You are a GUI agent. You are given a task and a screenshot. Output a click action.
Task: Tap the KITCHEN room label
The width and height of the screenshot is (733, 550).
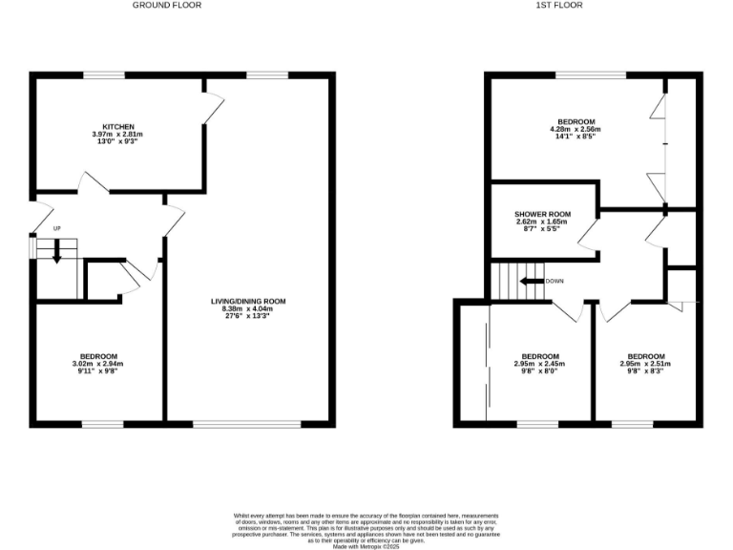coord(118,127)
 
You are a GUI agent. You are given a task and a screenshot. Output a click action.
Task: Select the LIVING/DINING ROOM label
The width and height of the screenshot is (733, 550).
coord(248,302)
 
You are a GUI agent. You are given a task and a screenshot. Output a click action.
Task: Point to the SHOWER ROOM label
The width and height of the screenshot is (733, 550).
coord(542,214)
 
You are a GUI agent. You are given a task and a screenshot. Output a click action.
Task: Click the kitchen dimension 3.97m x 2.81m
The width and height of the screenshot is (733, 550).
coord(118,135)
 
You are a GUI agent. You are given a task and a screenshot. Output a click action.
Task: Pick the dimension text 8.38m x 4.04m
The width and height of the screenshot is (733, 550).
coord(248,309)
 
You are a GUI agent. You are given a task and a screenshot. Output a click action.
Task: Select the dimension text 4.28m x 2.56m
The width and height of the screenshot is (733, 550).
coord(576,130)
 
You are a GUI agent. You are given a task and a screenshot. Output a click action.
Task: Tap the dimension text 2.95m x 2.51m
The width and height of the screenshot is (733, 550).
coord(646,364)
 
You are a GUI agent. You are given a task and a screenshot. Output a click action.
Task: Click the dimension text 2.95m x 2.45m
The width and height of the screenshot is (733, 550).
coord(540,364)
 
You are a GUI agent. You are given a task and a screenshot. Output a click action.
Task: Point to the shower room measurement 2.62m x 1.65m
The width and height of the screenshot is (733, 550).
coord(542,222)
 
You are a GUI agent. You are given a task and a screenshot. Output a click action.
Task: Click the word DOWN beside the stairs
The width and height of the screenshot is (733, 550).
coord(555,282)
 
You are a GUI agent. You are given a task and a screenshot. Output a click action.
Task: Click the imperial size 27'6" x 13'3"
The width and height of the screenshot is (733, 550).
coord(248,317)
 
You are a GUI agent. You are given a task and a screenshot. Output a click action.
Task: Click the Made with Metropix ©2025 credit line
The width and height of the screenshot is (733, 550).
coord(366,545)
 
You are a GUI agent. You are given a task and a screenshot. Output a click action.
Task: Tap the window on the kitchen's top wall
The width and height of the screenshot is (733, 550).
coord(103,74)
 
